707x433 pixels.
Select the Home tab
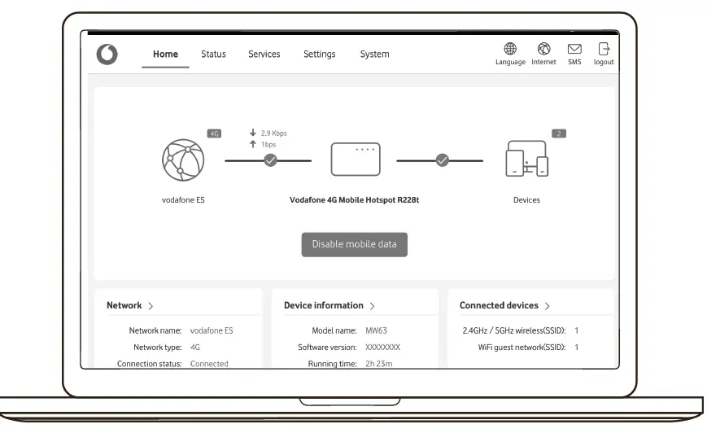click(x=165, y=55)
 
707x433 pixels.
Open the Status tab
click(x=213, y=55)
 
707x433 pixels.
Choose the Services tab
click(x=264, y=55)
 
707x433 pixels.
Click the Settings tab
click(x=319, y=55)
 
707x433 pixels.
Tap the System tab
click(x=374, y=55)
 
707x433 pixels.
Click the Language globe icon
click(x=510, y=50)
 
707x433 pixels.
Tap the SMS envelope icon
click(x=574, y=50)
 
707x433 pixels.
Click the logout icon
click(x=604, y=50)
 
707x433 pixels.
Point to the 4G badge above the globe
click(x=215, y=133)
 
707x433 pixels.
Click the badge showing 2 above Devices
click(x=558, y=133)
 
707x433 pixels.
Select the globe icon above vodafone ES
click(x=183, y=160)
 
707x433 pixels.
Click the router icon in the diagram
click(x=355, y=160)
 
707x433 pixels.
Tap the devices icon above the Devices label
click(x=526, y=160)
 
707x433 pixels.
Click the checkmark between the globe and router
click(x=271, y=160)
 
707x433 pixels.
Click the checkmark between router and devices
click(x=442, y=160)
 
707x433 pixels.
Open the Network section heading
click(x=130, y=306)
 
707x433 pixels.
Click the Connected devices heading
click(x=504, y=306)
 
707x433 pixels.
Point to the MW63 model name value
click(x=375, y=331)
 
